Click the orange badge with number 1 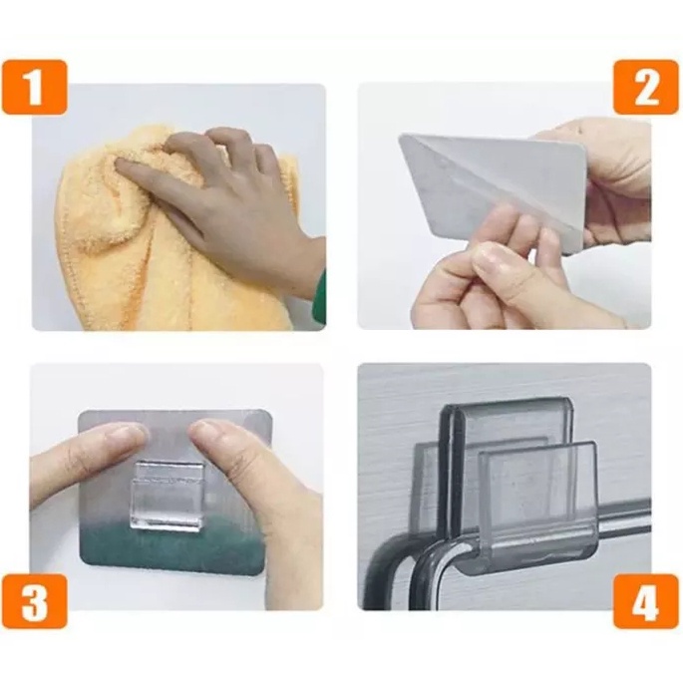pyautogui.click(x=35, y=87)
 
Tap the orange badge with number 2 pyautogui.click(x=646, y=87)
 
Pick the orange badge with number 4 pyautogui.click(x=646, y=600)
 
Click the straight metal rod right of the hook pyautogui.click(x=624, y=522)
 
